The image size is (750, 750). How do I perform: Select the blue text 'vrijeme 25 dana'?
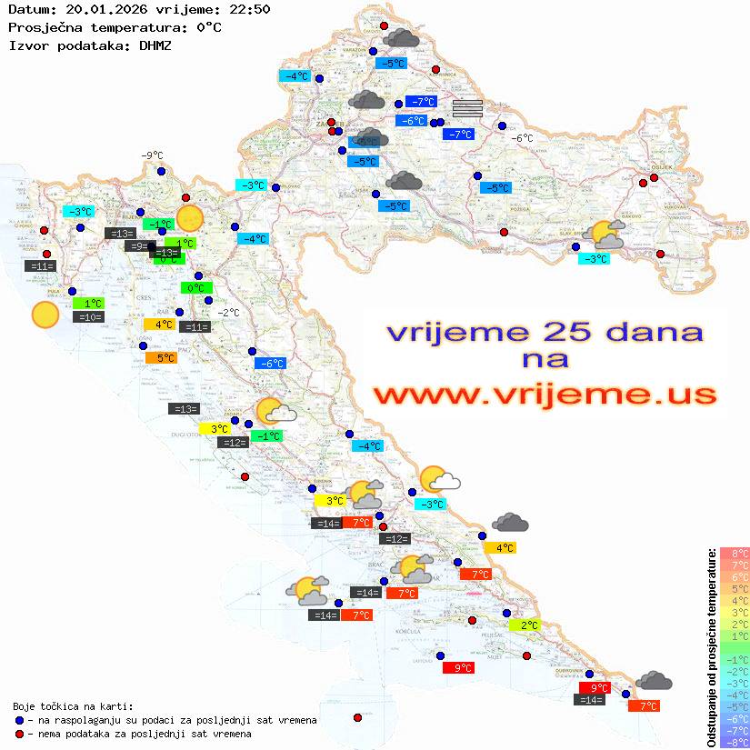[545, 331]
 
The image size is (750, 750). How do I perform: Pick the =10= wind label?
[89, 317]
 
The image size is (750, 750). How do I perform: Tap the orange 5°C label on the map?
[160, 358]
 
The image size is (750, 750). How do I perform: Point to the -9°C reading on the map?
[151, 155]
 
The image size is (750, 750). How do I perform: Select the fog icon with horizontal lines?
[467, 110]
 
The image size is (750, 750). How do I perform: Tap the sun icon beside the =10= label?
[45, 315]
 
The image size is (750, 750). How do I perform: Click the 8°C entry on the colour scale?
[735, 554]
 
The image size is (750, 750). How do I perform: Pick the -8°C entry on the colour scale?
[735, 743]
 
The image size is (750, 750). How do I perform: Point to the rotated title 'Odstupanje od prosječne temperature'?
[711, 647]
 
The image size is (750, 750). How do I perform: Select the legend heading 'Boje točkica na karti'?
[73, 705]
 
